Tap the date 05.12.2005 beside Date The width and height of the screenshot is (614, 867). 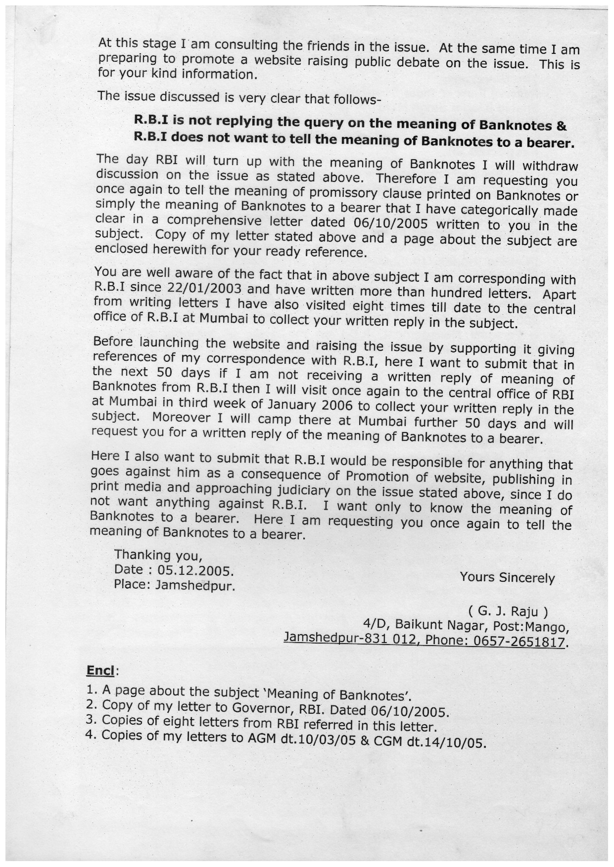(x=194, y=570)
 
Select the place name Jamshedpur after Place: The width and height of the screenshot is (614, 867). (x=194, y=586)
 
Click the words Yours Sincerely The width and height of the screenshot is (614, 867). (x=507, y=578)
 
